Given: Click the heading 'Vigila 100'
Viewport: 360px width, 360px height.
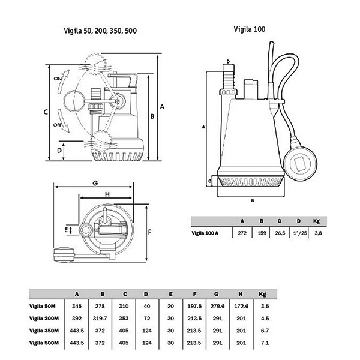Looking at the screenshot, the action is click(250, 29).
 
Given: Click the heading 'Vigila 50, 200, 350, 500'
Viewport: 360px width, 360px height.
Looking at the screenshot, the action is click(100, 31).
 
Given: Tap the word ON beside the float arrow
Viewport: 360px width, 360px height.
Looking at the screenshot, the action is click(58, 79).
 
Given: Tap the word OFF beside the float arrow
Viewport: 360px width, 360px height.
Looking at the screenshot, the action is click(58, 125).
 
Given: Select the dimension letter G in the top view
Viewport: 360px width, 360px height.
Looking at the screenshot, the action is click(95, 183).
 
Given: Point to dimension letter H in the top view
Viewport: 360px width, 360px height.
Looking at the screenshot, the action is click(107, 194).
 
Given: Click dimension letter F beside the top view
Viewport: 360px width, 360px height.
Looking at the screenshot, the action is click(149, 232).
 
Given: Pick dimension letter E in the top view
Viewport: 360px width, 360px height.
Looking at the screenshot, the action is click(66, 230).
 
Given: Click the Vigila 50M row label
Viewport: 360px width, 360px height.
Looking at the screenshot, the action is click(43, 306).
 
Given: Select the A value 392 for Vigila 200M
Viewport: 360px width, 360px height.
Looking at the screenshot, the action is click(77, 319).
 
